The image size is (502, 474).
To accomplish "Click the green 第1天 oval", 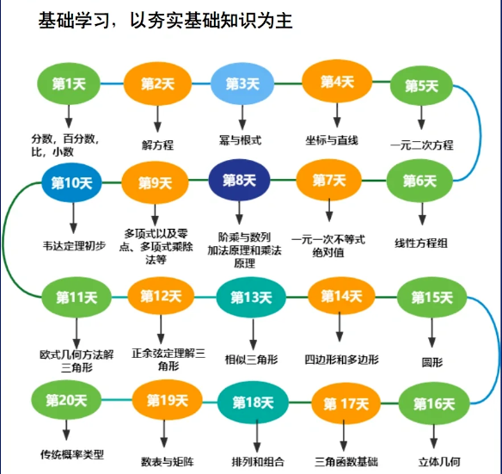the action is (x=69, y=84).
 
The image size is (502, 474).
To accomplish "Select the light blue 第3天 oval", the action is (x=242, y=83).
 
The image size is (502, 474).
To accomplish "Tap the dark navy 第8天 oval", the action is (x=239, y=180).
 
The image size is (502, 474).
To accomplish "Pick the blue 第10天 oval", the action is (x=71, y=182).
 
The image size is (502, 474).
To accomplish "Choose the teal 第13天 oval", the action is (x=251, y=298).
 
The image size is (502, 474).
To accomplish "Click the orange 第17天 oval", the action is (x=346, y=403).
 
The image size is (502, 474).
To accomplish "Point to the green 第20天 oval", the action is (x=66, y=400).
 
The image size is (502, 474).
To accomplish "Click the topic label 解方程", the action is (x=157, y=145).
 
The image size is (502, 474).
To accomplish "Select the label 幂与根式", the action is (x=240, y=140).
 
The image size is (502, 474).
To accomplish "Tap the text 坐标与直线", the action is (x=332, y=140).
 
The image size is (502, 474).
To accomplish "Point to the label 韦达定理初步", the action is (x=74, y=245).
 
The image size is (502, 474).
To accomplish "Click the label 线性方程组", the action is (x=421, y=243).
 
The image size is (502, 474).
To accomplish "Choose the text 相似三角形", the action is (x=251, y=360).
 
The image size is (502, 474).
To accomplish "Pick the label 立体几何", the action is (x=439, y=462).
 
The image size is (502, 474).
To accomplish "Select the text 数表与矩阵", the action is (x=168, y=461).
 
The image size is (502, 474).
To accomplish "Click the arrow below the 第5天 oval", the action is (x=421, y=118).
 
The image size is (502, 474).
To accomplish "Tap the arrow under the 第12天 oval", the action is (x=161, y=329).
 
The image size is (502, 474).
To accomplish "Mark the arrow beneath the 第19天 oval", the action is (x=164, y=434).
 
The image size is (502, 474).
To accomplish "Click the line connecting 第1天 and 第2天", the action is (x=112, y=84).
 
